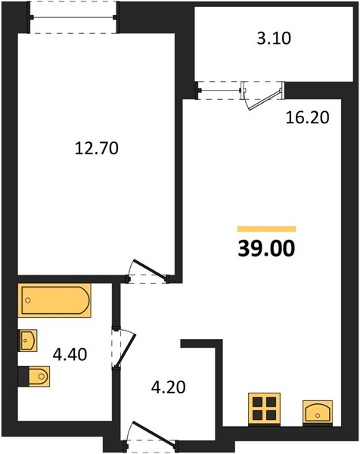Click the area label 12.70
[x=97, y=148]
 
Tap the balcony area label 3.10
[x=274, y=39]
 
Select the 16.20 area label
[x=307, y=117]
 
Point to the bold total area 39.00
[x=266, y=249]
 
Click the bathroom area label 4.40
[x=70, y=354]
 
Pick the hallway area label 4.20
[x=169, y=387]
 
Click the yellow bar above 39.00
[x=266, y=229]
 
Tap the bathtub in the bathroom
[x=54, y=300]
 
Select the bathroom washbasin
[x=28, y=340]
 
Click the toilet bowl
[x=39, y=376]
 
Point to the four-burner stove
[x=264, y=409]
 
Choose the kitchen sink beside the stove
[x=318, y=412]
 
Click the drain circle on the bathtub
[x=28, y=300]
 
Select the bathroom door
[x=124, y=349]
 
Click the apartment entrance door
[x=151, y=434]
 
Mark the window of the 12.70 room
[x=73, y=17]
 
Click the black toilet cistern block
[x=23, y=376]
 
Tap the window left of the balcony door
[x=219, y=91]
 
